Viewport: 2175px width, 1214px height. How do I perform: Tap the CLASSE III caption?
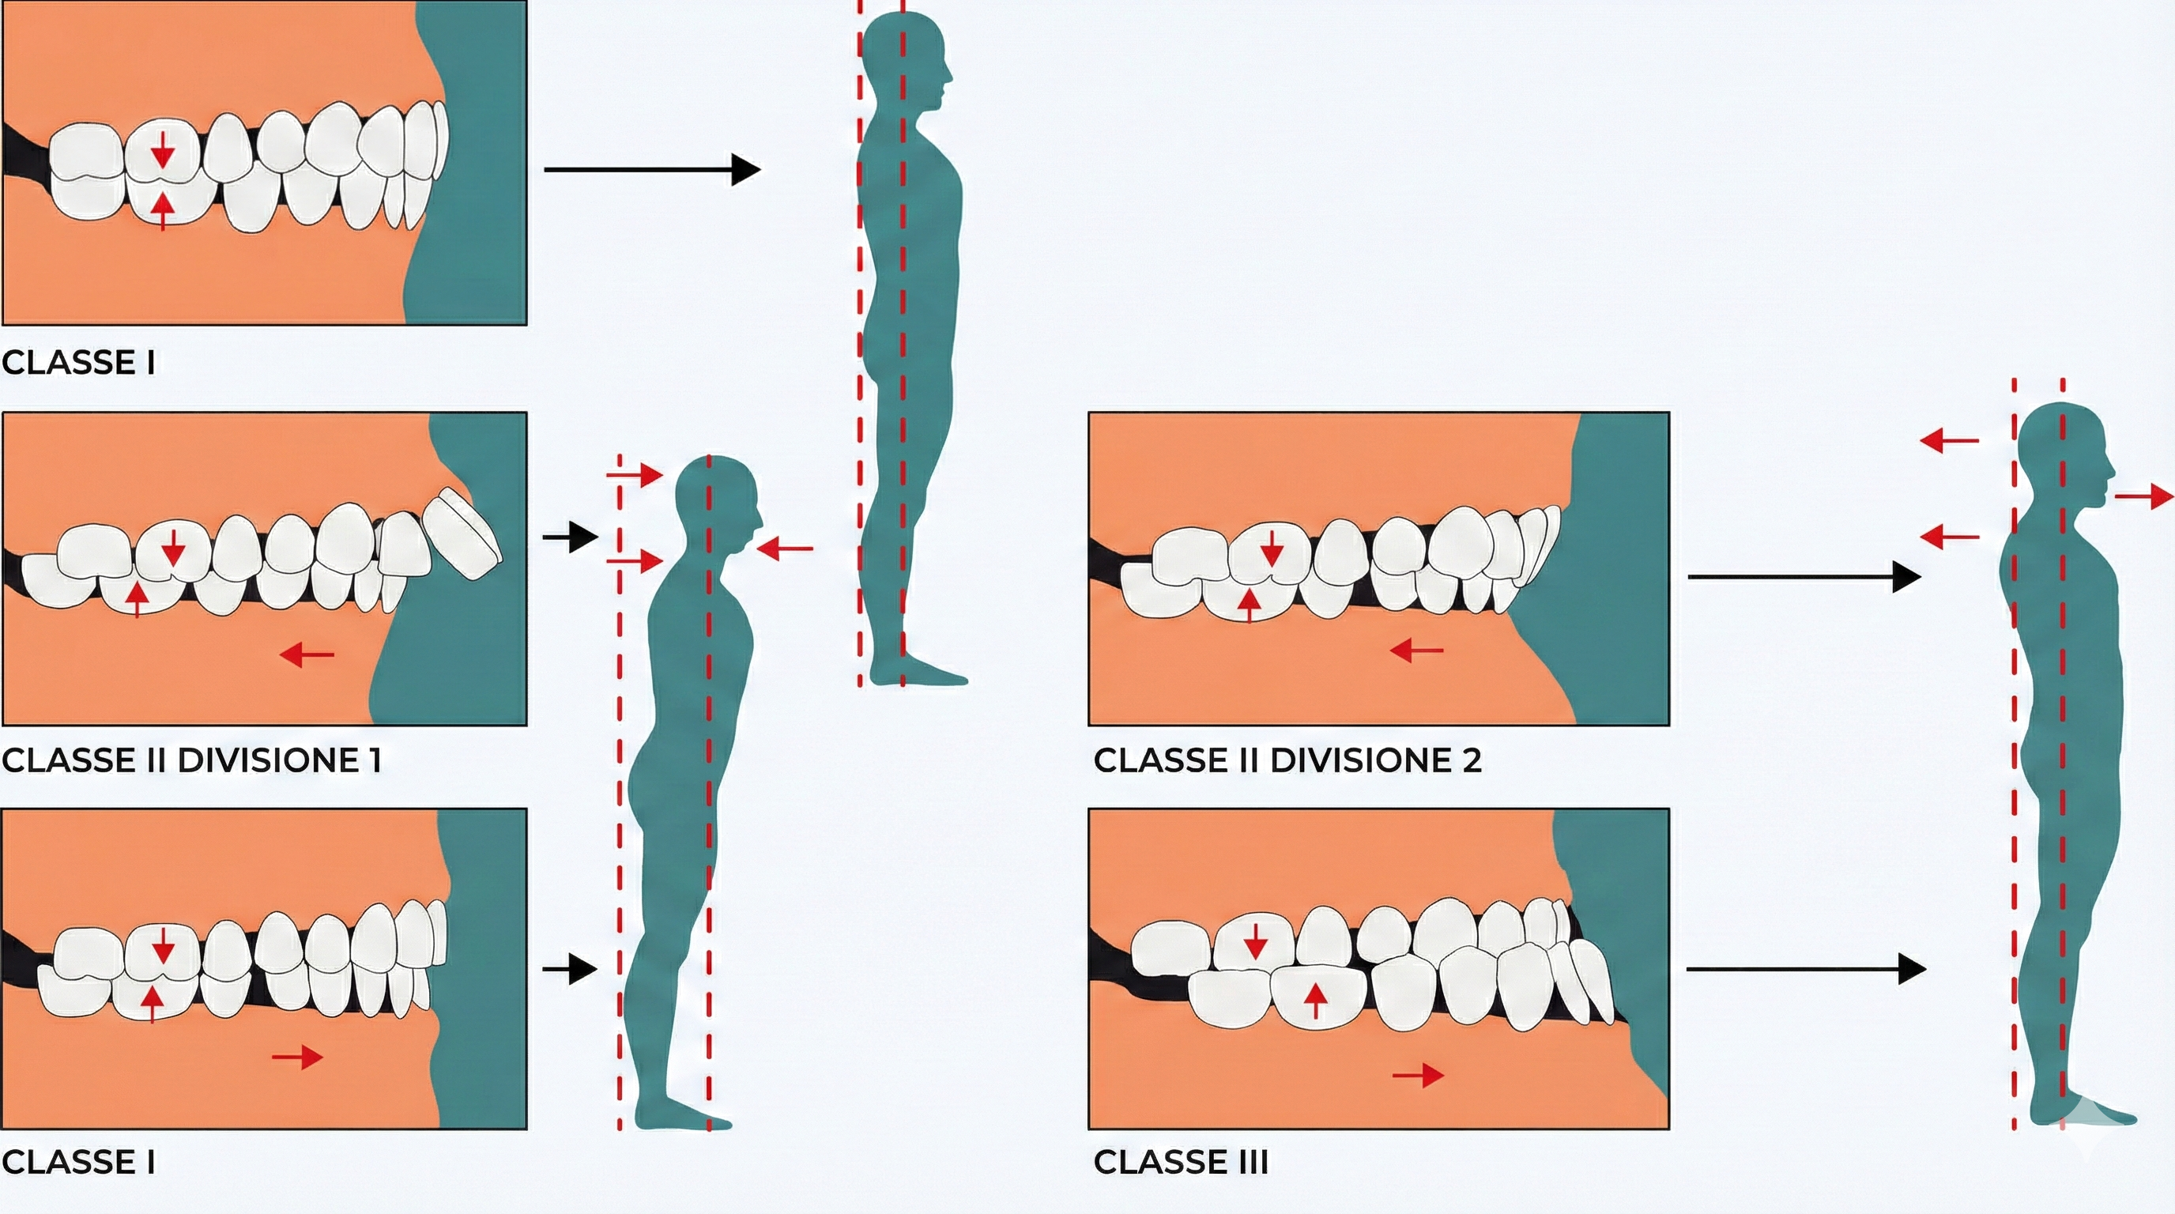pyautogui.click(x=1181, y=1163)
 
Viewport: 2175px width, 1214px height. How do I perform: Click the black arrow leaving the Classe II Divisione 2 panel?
pyautogui.click(x=1804, y=577)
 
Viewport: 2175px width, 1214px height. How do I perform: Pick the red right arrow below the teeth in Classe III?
pyautogui.click(x=1419, y=1075)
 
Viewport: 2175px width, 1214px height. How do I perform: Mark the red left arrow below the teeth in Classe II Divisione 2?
pyautogui.click(x=1417, y=650)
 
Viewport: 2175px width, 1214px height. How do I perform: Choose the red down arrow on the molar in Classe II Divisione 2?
pyautogui.click(x=1272, y=549)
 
